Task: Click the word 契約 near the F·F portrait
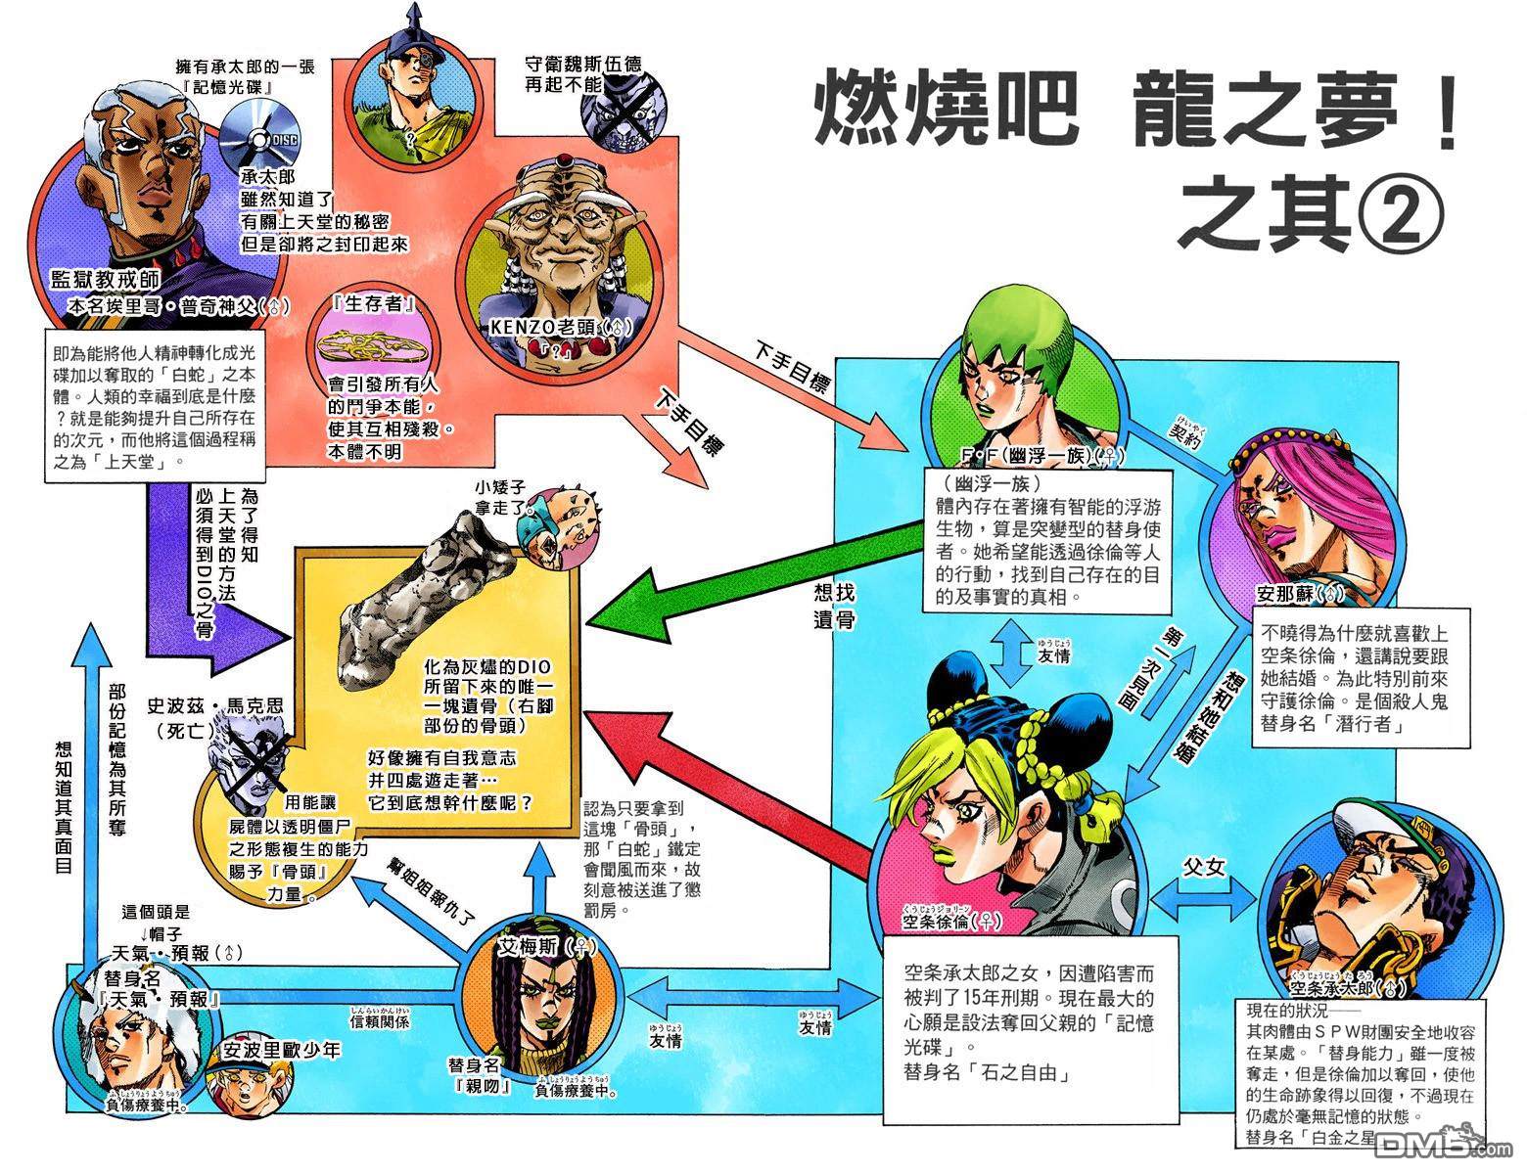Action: (1189, 434)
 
